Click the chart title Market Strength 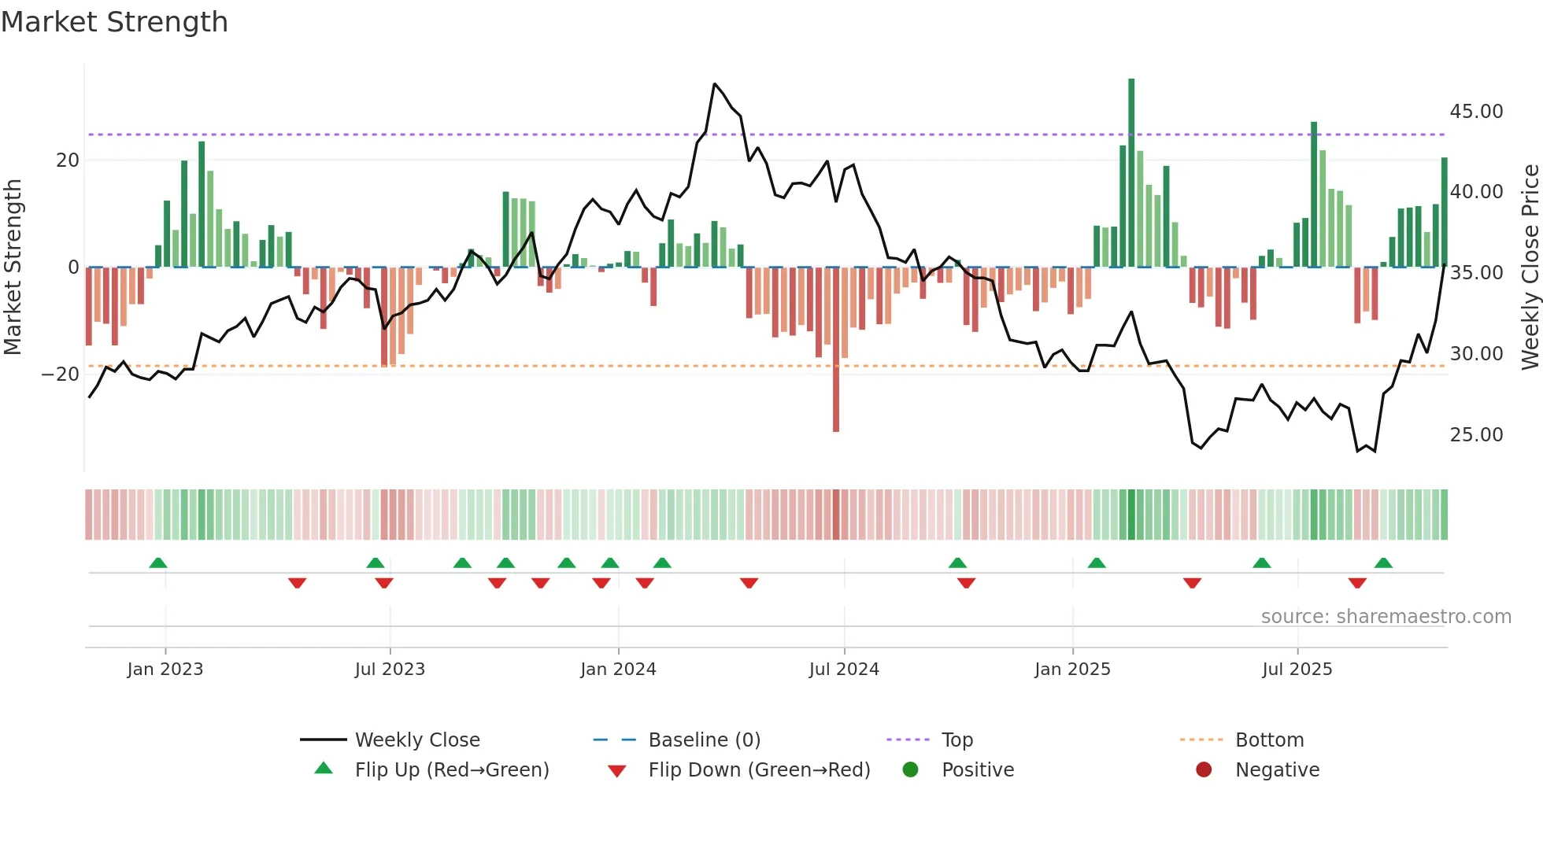pyautogui.click(x=114, y=22)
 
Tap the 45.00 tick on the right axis pyautogui.click(x=1476, y=112)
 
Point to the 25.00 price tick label pyautogui.click(x=1476, y=435)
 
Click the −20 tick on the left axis pyautogui.click(x=60, y=374)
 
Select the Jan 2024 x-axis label pyautogui.click(x=618, y=670)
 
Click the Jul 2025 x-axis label pyautogui.click(x=1297, y=670)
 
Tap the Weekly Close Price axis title pyautogui.click(x=1530, y=267)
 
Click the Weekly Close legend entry pyautogui.click(x=416, y=740)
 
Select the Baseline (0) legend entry pyautogui.click(x=704, y=740)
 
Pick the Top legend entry pyautogui.click(x=957, y=740)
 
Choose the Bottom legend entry pyautogui.click(x=1269, y=740)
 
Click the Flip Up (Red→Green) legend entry pyautogui.click(x=451, y=770)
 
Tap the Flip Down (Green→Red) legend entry pyautogui.click(x=759, y=770)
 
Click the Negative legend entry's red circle pyautogui.click(x=1204, y=770)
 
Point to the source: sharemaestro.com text pyautogui.click(x=1386, y=617)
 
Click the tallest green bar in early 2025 pyautogui.click(x=1131, y=173)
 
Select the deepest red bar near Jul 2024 pyautogui.click(x=836, y=350)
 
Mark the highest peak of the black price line pyautogui.click(x=714, y=84)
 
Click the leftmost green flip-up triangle pyautogui.click(x=158, y=563)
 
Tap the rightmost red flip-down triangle pyautogui.click(x=1357, y=583)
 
